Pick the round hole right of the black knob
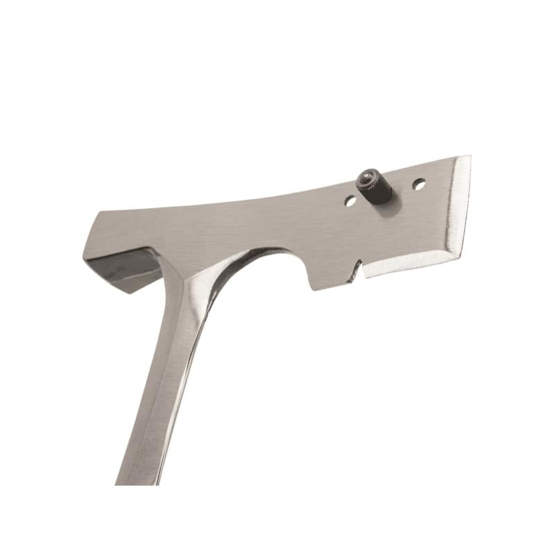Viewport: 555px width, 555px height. click(x=418, y=185)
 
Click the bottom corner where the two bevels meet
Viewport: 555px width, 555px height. click(x=459, y=255)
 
